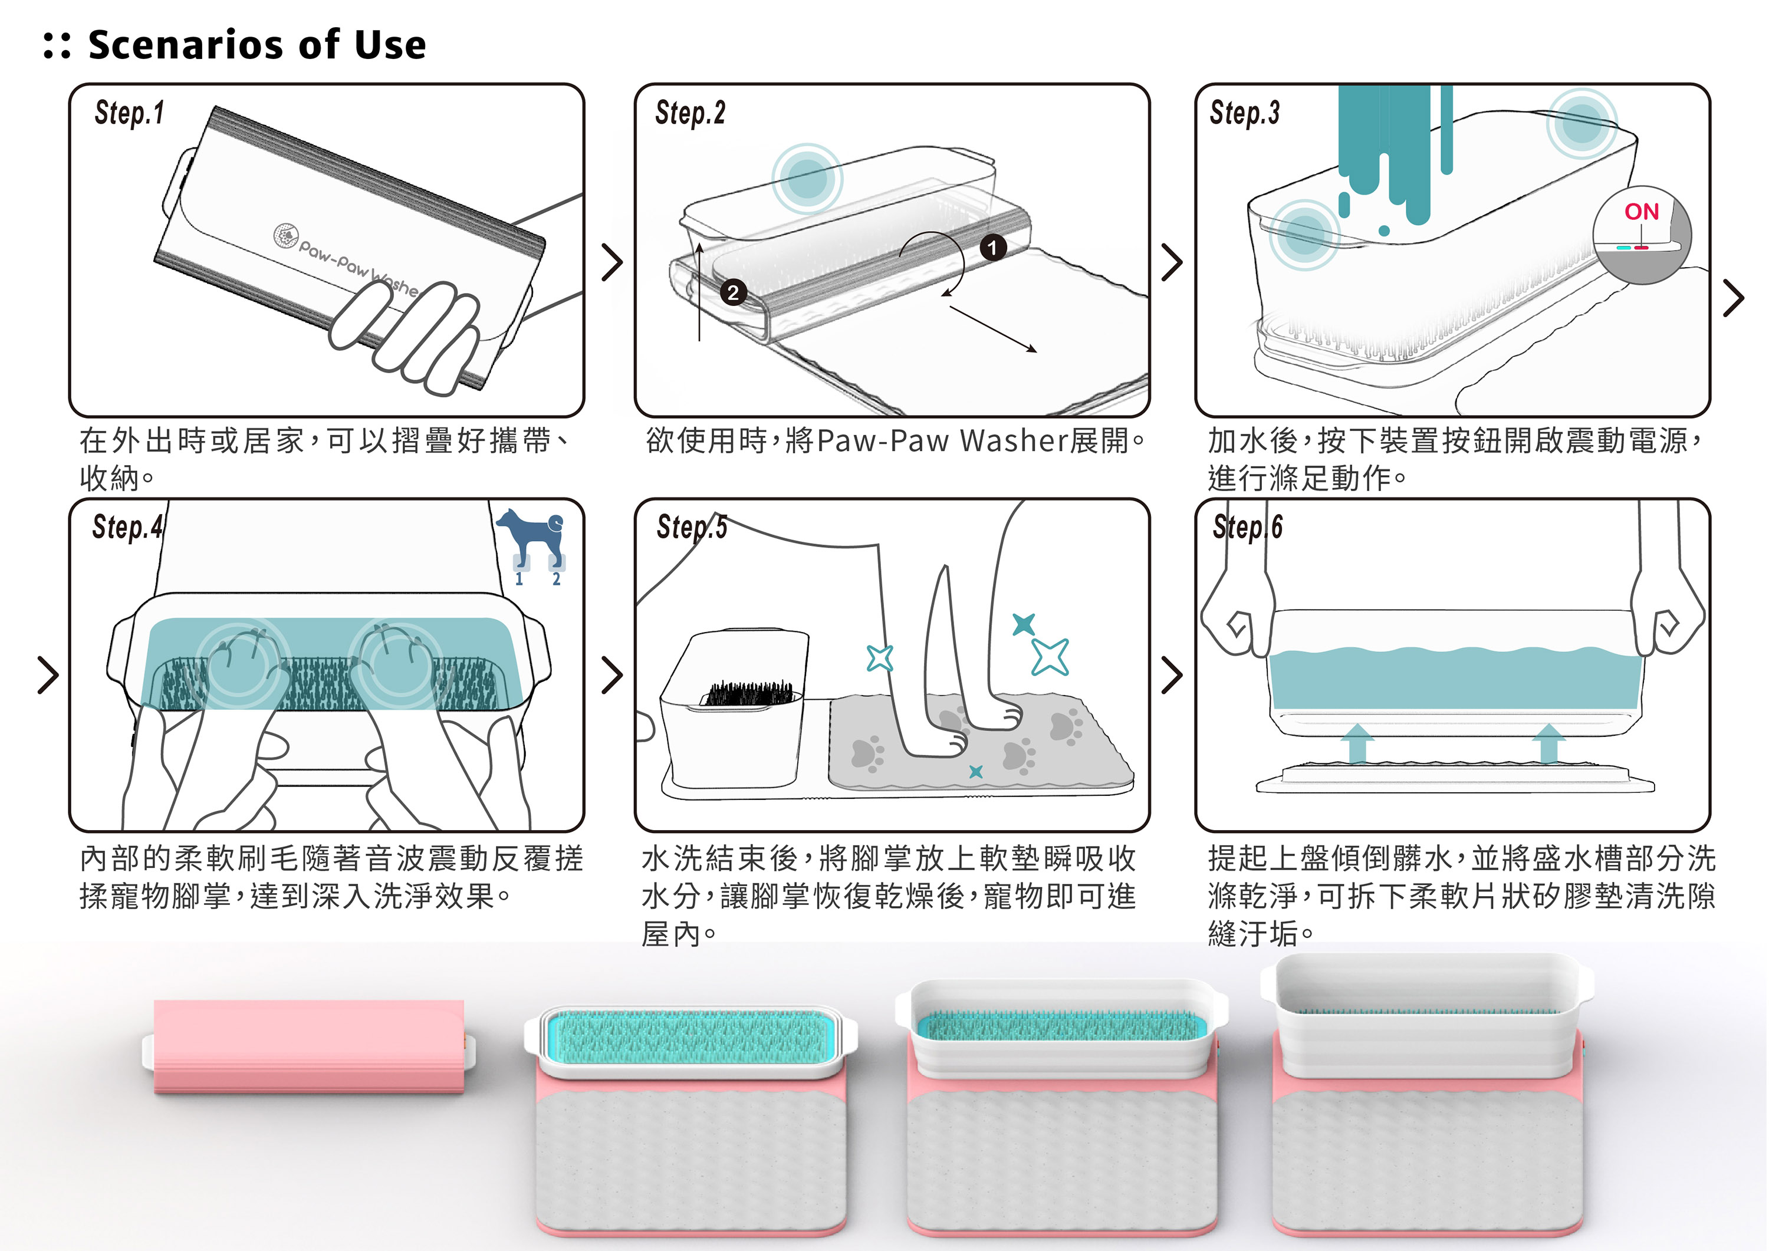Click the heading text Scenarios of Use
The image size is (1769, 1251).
pyautogui.click(x=257, y=45)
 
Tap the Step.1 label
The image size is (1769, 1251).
pyautogui.click(x=130, y=113)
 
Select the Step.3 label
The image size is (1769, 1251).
pyautogui.click(x=1244, y=113)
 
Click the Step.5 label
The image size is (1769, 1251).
pyautogui.click(x=692, y=527)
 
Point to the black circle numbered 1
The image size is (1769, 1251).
pyautogui.click(x=993, y=246)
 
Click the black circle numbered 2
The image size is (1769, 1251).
pyautogui.click(x=733, y=292)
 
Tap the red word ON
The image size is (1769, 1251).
pyautogui.click(x=1641, y=212)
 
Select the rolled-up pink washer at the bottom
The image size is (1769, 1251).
pyautogui.click(x=308, y=1046)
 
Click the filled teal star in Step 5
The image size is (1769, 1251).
pyautogui.click(x=1023, y=623)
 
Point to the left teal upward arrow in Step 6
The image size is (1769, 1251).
pyautogui.click(x=1357, y=743)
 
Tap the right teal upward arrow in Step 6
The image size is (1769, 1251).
pyautogui.click(x=1547, y=743)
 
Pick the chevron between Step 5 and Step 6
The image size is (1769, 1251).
pyautogui.click(x=1171, y=676)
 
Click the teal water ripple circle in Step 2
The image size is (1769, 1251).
pyautogui.click(x=807, y=179)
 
